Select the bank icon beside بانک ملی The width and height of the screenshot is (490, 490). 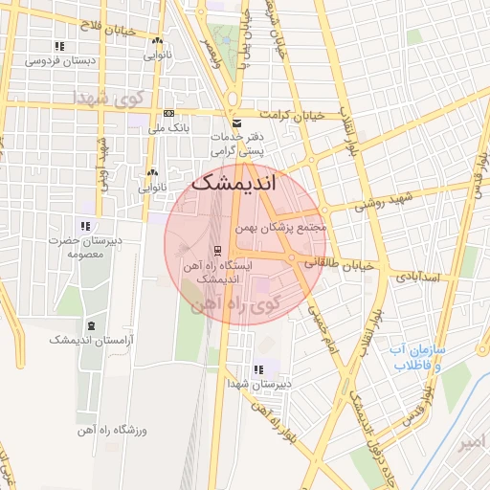click(169, 113)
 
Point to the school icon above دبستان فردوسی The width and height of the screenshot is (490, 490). click(59, 46)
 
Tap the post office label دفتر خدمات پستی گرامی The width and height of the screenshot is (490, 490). click(237, 145)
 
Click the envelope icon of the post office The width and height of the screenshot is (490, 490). click(237, 124)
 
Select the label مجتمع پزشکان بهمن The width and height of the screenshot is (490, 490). click(283, 228)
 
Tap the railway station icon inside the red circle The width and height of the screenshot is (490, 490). click(218, 251)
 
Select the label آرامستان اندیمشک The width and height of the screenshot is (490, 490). click(92, 340)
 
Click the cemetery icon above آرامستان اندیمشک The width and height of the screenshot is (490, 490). click(91, 326)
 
